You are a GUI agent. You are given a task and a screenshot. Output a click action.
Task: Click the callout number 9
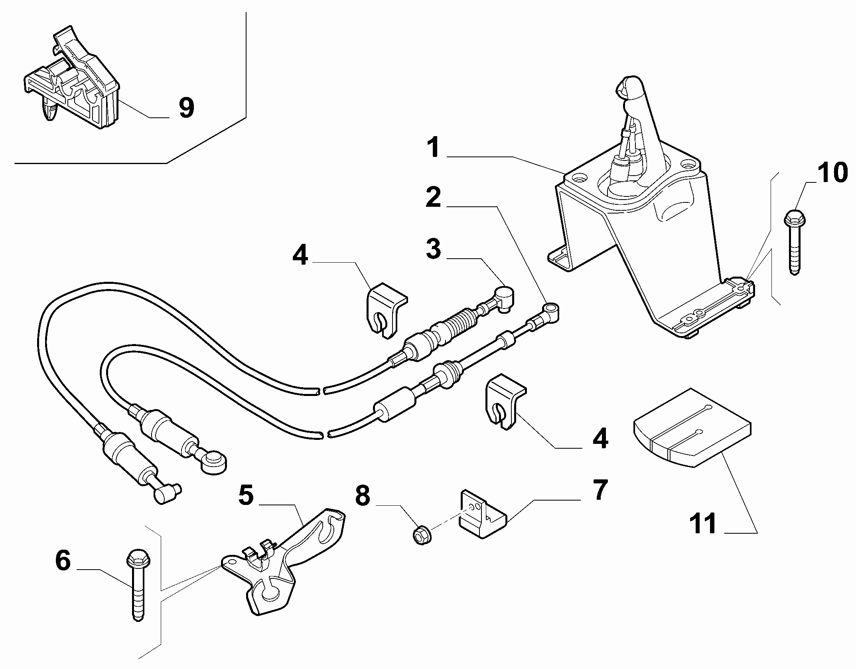click(186, 107)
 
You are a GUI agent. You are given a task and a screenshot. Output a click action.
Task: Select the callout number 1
click(433, 147)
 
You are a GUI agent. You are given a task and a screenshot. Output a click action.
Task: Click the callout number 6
click(63, 560)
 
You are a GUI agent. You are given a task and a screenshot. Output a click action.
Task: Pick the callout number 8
click(362, 496)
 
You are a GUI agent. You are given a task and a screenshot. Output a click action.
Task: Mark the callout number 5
click(246, 495)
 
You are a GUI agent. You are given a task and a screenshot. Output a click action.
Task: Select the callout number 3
click(433, 248)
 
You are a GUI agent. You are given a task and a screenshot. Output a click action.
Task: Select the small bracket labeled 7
click(482, 515)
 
